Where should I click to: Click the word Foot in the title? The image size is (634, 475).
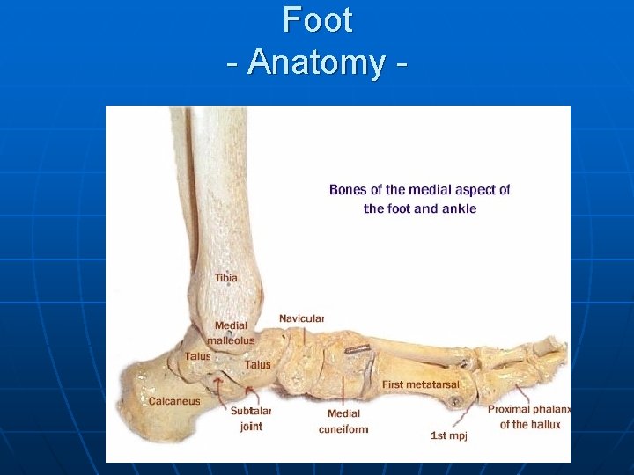[x=318, y=19]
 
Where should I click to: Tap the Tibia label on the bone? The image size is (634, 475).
[x=226, y=279]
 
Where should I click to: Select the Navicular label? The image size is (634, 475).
[x=302, y=318]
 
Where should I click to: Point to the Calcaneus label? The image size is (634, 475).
[x=174, y=401]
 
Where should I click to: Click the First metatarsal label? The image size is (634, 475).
[x=421, y=384]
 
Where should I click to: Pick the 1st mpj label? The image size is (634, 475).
[x=448, y=435]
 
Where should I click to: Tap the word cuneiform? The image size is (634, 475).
[x=343, y=429]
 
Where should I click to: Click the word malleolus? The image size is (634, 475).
[x=231, y=340]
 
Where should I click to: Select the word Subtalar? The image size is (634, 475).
[x=251, y=411]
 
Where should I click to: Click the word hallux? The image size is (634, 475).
[x=544, y=424]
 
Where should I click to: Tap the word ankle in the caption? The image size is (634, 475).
[x=461, y=208]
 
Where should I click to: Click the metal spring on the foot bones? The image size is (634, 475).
[x=357, y=349]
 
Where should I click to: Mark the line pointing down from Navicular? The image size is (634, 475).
[x=305, y=334]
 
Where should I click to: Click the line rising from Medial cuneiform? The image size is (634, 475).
[x=343, y=391]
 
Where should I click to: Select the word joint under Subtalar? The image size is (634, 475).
[x=251, y=427]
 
